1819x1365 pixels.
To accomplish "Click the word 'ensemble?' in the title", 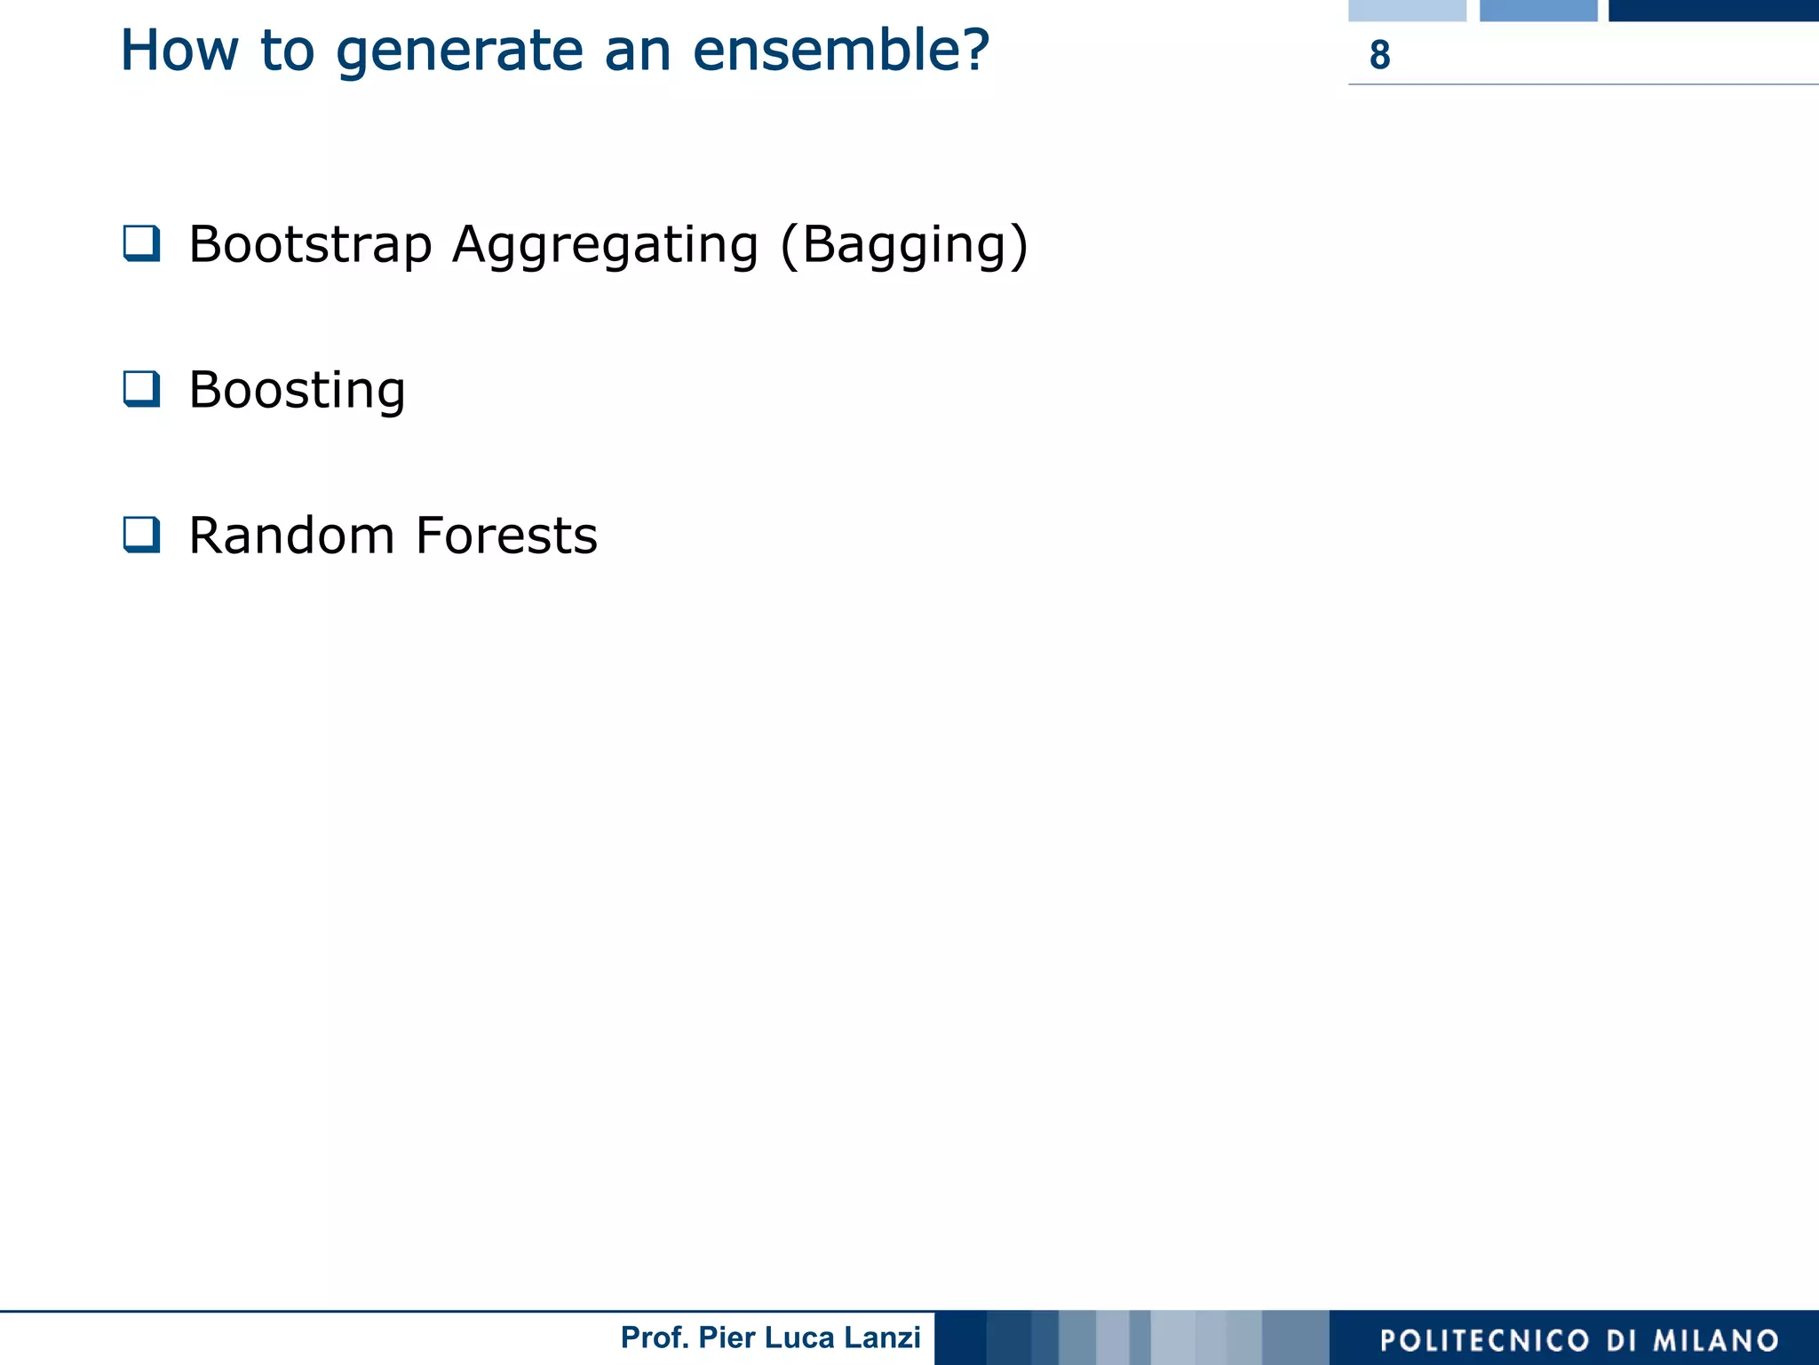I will [840, 51].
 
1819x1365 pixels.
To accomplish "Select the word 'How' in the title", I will [179, 51].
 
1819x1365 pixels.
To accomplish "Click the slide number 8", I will [1379, 55].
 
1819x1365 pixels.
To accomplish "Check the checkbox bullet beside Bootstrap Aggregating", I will [142, 243].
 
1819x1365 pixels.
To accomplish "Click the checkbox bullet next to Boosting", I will [142, 389].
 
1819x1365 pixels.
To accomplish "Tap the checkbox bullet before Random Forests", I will [142, 535].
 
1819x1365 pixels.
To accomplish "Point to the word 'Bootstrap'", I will [310, 245].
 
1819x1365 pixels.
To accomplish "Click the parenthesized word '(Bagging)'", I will [903, 246].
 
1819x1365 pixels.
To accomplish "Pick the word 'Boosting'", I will [298, 391].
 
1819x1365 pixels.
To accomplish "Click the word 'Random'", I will [291, 536].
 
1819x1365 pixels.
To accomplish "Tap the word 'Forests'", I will [506, 536].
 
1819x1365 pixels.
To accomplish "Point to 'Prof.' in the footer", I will [655, 1337].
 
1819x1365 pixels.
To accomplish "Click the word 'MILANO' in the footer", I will [1715, 1341].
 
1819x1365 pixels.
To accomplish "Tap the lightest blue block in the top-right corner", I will [1407, 10].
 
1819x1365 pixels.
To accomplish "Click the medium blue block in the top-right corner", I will [1538, 10].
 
